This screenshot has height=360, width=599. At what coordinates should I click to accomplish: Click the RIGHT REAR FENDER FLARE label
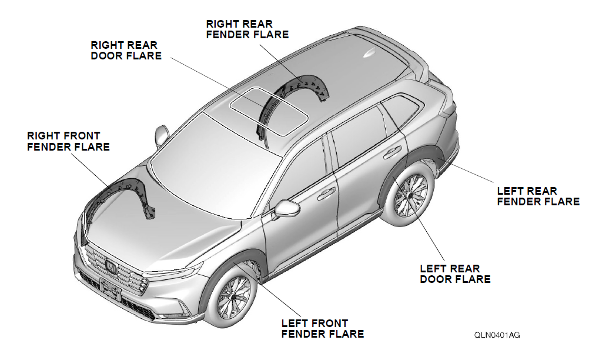(x=247, y=29)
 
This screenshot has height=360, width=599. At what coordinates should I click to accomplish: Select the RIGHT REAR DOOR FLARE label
(x=126, y=50)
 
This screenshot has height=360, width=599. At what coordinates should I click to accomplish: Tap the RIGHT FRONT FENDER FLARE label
(x=68, y=141)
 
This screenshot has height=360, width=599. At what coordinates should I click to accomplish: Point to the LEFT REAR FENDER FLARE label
(x=538, y=196)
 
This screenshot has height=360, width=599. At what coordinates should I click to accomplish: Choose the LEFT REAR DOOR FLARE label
(x=455, y=274)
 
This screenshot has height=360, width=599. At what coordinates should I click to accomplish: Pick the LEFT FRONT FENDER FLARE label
(x=322, y=329)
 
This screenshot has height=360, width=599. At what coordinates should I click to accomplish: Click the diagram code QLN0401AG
(x=497, y=335)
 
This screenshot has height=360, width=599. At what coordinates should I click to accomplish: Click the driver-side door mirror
(x=286, y=208)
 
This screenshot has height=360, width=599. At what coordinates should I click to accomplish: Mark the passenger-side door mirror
(x=160, y=135)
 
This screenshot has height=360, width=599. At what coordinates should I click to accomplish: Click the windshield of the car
(x=212, y=165)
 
